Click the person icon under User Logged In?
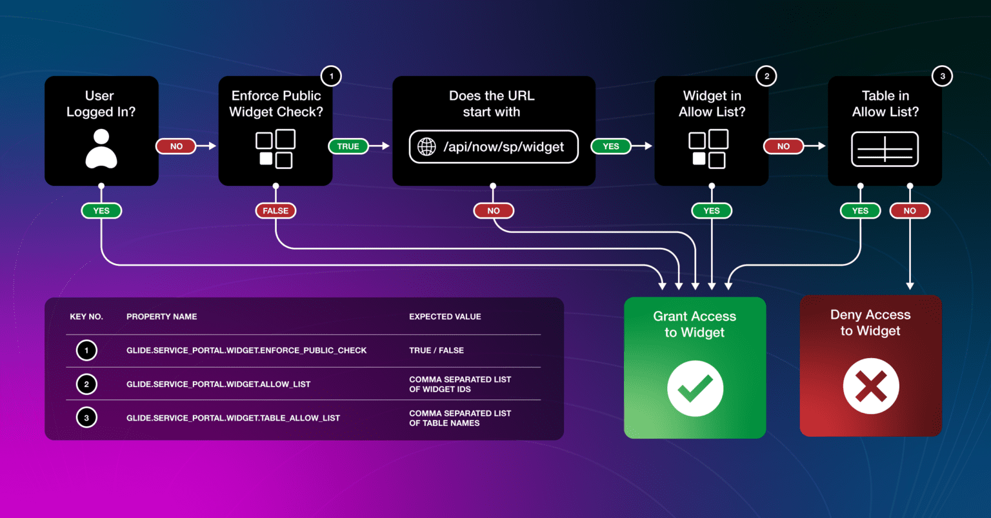101,148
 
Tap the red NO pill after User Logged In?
176,146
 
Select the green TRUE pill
348,146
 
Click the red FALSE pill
275,211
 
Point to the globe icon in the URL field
427,147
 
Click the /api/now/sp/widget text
503,147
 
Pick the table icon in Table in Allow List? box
885,149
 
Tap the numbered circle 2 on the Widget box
766,76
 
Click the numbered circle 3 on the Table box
942,76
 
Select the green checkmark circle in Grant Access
695,388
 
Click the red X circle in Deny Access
870,386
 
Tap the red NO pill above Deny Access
910,211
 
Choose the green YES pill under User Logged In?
101,211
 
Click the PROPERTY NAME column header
161,317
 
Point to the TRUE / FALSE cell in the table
436,350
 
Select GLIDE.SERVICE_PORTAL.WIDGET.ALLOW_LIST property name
218,384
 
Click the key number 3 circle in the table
86,418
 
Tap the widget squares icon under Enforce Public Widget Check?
275,149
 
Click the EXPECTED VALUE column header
445,317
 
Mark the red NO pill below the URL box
493,211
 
